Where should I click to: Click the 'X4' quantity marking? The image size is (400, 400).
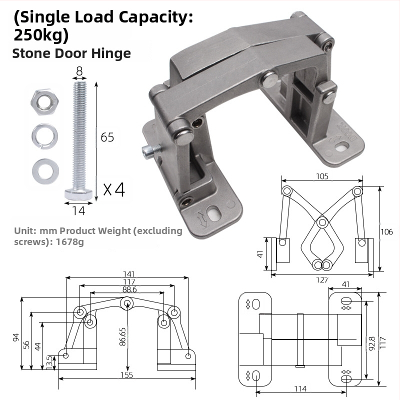click(113, 189)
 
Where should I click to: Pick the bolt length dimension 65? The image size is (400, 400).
click(107, 137)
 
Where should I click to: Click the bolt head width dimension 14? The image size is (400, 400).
click(78, 211)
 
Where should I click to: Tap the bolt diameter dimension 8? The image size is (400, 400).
click(79, 71)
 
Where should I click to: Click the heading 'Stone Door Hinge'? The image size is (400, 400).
click(71, 53)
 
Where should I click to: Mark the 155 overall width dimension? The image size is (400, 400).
click(126, 376)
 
